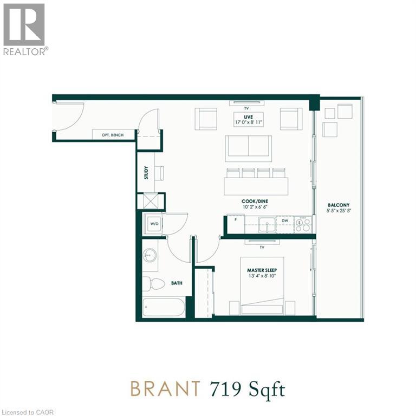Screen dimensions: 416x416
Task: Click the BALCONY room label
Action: (335, 205)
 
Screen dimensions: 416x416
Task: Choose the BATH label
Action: (176, 283)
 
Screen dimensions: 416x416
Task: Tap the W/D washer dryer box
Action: (153, 223)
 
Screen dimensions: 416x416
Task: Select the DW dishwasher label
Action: (284, 221)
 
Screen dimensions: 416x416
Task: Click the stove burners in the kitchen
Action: (302, 224)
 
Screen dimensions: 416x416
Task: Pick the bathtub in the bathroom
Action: (164, 308)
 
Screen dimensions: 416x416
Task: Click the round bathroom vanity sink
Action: (150, 256)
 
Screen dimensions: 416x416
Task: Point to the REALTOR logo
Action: (24, 29)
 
